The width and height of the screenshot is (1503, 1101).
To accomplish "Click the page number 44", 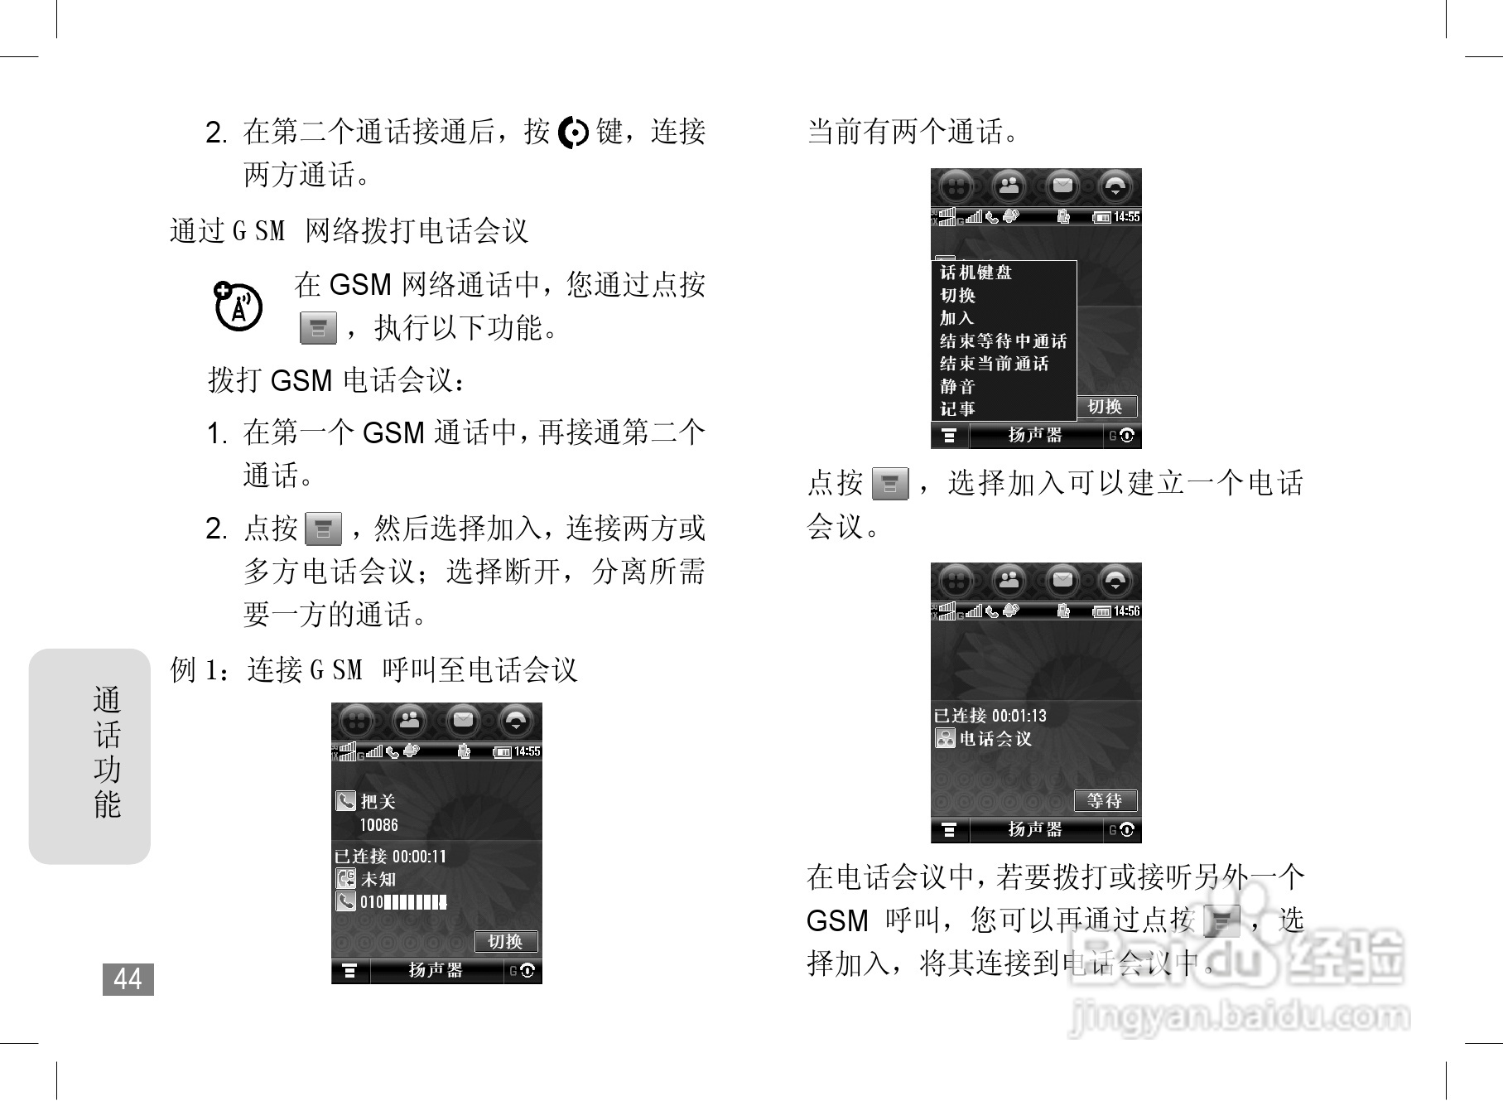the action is pos(128,979).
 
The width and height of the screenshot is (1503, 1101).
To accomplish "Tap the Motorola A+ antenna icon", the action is pos(238,307).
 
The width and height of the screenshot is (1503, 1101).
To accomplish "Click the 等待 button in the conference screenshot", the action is pos(1105,800).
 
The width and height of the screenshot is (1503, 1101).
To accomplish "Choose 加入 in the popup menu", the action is pos(957,318).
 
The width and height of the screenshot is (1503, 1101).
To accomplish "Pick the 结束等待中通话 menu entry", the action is pos(1003,341).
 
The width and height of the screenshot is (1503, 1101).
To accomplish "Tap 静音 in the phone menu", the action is pos(958,386).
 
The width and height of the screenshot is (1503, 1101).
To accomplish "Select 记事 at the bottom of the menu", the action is pos(958,408).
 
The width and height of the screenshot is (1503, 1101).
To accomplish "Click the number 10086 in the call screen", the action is pos(378,825).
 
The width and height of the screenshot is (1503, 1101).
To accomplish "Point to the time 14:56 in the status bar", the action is pos(1126,611).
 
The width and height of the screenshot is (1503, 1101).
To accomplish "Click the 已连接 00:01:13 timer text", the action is pos(990,716).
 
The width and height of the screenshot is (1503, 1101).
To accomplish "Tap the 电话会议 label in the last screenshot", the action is pos(995,738).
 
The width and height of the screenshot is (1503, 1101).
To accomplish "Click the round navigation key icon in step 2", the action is pos(573,133).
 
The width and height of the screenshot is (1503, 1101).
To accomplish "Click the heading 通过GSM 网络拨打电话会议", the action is pos(349,230).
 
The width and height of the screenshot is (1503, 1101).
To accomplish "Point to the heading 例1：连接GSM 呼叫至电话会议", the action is pos(373,669).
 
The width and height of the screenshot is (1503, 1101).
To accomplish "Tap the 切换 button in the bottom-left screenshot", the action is pos(505,941).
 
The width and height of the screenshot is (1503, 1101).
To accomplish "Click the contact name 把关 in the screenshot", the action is pos(378,801).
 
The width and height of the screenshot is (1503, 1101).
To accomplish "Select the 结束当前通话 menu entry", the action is pos(994,364).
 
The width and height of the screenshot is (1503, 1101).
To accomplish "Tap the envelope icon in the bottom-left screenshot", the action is pos(463,720).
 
